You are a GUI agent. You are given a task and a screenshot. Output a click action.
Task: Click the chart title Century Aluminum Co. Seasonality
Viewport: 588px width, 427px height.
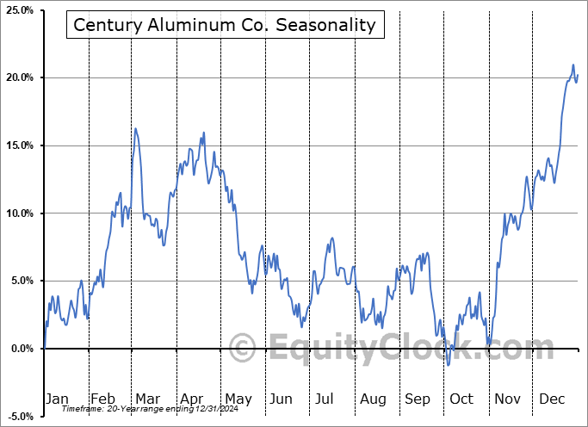(x=225, y=25)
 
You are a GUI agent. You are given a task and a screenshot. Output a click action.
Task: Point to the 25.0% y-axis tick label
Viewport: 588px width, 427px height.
(x=20, y=10)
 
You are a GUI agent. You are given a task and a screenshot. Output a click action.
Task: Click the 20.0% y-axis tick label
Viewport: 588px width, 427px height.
(x=20, y=78)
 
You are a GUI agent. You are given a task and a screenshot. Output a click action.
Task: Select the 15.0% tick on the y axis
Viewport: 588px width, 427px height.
(x=20, y=145)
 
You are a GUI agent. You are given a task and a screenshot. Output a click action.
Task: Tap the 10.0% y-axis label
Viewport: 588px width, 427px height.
(x=20, y=213)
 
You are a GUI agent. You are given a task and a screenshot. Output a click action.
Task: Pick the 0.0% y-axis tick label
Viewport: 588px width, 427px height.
(x=22, y=349)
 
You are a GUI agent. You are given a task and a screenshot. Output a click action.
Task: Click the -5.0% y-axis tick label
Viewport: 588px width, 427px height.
(x=20, y=417)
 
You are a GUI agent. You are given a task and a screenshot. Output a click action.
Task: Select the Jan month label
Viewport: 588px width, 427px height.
(x=57, y=399)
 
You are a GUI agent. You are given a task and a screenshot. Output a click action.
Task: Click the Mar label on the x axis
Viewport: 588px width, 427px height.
(x=147, y=399)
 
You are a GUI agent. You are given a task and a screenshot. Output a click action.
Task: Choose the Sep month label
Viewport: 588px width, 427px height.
(x=417, y=399)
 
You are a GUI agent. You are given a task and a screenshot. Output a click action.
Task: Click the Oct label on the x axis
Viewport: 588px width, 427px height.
(x=461, y=399)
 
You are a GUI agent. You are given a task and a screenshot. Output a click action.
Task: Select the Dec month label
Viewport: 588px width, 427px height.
(x=551, y=399)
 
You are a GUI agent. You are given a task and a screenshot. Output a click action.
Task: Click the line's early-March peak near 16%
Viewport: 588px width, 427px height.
(x=135, y=128)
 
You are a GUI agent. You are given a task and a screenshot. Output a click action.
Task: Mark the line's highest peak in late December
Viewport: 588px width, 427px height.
(x=573, y=65)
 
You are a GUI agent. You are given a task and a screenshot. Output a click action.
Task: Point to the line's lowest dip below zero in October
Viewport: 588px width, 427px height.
(x=449, y=365)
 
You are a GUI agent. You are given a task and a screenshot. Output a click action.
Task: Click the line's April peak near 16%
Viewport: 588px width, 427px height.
(x=204, y=133)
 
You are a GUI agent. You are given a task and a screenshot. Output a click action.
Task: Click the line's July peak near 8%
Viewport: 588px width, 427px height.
(x=331, y=238)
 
